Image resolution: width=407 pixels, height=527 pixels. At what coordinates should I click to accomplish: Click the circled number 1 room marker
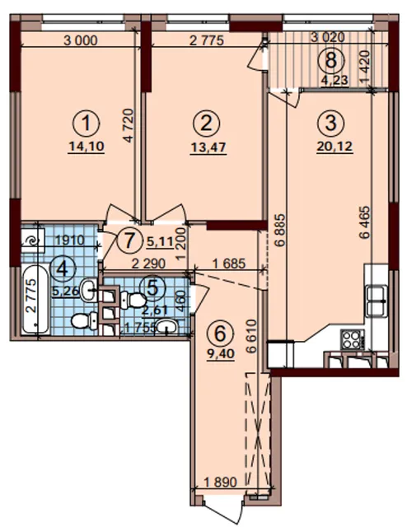(87, 124)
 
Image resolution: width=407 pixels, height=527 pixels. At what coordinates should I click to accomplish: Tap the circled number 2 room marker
(206, 124)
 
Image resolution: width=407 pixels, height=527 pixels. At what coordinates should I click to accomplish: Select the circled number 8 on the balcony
(331, 61)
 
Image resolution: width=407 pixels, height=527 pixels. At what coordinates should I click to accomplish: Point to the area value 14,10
(87, 147)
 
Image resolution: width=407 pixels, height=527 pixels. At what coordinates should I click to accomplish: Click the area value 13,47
(208, 148)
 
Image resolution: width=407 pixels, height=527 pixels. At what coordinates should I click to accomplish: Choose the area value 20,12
(334, 147)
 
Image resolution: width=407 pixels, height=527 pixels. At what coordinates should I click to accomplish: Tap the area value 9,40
(220, 353)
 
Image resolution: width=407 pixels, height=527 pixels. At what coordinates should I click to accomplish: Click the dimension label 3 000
(81, 40)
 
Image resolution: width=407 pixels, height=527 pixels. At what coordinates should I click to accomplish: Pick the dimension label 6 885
(281, 231)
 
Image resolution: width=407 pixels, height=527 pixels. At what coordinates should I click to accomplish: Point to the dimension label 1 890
(220, 483)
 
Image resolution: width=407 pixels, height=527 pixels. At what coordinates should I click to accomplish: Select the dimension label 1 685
(229, 263)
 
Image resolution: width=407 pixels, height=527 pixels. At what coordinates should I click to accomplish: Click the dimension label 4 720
(129, 125)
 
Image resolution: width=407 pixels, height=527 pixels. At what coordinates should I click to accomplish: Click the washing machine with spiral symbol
(33, 240)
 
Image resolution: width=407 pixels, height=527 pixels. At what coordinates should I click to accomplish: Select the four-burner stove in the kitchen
(353, 339)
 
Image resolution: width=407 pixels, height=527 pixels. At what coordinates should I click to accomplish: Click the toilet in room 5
(133, 300)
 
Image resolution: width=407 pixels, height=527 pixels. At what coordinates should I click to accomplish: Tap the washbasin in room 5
(166, 326)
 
